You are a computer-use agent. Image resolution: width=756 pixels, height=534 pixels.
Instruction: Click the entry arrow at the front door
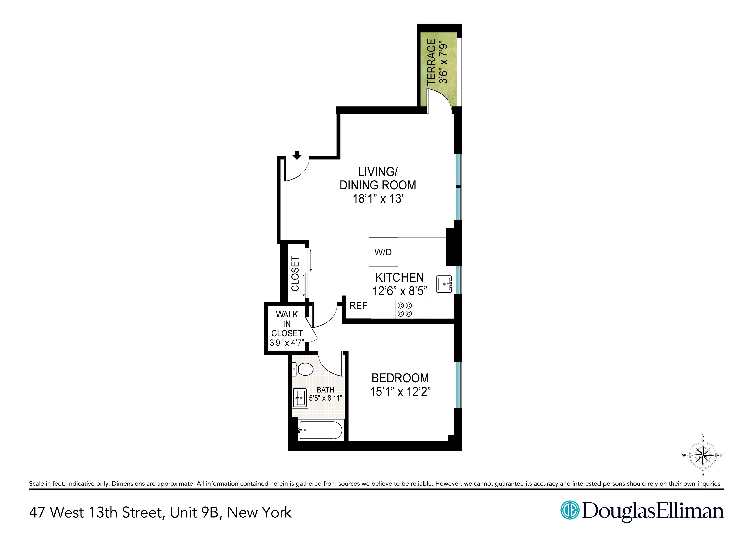pyautogui.click(x=297, y=155)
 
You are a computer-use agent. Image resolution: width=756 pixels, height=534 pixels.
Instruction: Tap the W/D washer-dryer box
pyautogui.click(x=383, y=252)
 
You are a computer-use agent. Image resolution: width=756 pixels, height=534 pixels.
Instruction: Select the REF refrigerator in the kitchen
pyautogui.click(x=358, y=306)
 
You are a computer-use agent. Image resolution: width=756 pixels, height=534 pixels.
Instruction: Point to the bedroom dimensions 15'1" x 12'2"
pyautogui.click(x=400, y=392)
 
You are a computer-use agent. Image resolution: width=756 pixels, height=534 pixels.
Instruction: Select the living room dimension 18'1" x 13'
pyautogui.click(x=378, y=199)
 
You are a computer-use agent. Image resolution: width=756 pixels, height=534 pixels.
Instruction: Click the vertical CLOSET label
pyautogui.click(x=295, y=274)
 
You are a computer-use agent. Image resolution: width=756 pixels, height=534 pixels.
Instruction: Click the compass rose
pyautogui.click(x=703, y=455)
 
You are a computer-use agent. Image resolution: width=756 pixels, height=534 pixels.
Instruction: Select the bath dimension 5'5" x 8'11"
pyautogui.click(x=325, y=398)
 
